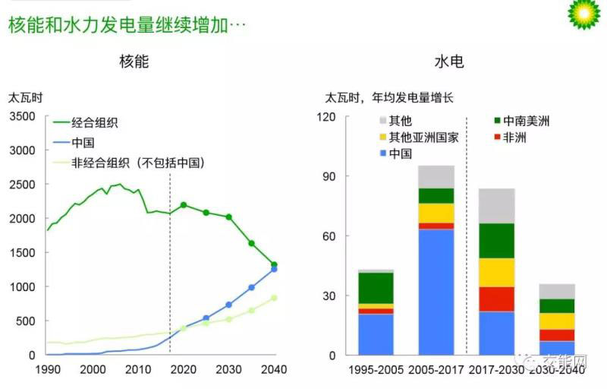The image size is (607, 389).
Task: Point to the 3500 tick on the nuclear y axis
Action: pos(22,116)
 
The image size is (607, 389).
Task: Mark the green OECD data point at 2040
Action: pos(274,264)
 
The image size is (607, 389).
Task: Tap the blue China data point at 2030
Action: pos(228,305)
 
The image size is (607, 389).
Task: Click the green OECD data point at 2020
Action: pos(183,205)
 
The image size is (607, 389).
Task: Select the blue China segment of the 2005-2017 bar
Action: pos(436,291)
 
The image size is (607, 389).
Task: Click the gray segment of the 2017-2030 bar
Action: pos(496,205)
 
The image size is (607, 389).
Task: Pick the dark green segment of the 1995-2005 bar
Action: pos(376,288)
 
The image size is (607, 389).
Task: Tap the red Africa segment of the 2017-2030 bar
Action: pos(496,299)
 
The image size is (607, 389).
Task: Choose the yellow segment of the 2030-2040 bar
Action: pos(556,321)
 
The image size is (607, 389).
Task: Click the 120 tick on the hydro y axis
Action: pos(327,117)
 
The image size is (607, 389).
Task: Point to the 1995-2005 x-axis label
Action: pos(376,370)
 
